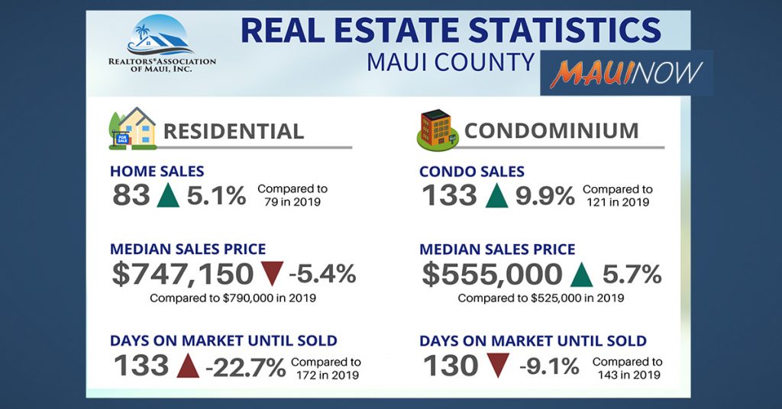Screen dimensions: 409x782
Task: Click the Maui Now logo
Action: coord(626,72)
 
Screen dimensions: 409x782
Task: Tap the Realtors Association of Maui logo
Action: coord(161,44)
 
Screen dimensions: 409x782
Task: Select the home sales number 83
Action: coord(131,196)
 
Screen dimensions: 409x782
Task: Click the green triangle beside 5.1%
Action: coord(168,196)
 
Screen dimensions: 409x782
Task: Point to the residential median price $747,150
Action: coord(183,274)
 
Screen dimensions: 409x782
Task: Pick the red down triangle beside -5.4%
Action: coord(272,273)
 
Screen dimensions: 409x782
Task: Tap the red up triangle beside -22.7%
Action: coord(187,366)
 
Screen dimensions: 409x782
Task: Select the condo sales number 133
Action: coord(449,196)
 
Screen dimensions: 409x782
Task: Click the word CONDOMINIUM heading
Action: coord(551,130)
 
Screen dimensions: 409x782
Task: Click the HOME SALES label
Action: coord(157,172)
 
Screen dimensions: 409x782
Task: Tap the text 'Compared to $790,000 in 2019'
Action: coord(234,298)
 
